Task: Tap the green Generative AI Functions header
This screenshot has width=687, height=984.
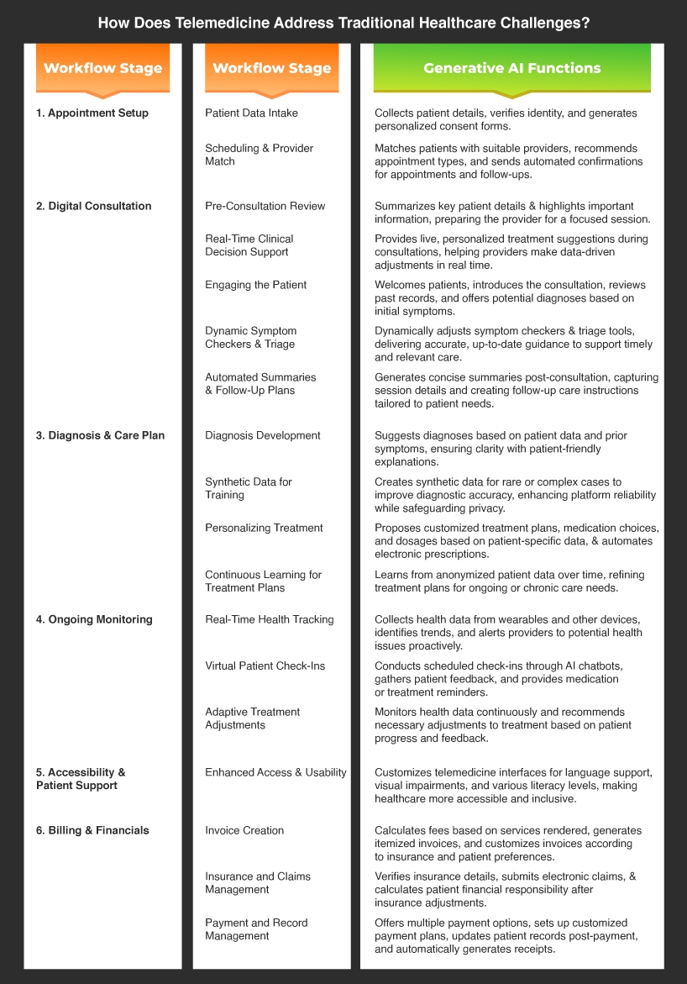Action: (511, 68)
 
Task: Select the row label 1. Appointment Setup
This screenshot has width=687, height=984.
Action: (92, 113)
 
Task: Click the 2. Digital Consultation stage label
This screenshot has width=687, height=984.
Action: (94, 206)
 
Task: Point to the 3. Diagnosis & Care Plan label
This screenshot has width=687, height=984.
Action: (101, 435)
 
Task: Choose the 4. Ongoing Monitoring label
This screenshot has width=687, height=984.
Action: (94, 619)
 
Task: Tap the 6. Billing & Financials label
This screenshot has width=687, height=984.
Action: (92, 830)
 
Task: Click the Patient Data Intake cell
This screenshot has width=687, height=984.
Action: (251, 113)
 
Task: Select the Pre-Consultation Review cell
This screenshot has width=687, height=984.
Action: (265, 206)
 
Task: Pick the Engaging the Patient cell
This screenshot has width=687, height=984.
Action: (256, 285)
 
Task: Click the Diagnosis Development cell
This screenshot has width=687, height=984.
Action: (263, 435)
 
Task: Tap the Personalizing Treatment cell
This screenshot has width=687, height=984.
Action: (264, 528)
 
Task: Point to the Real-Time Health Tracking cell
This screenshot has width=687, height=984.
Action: (270, 619)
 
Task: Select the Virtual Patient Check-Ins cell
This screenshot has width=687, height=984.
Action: (265, 666)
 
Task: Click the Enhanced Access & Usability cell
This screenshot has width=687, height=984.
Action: (275, 772)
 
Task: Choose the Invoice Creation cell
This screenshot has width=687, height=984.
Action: (244, 830)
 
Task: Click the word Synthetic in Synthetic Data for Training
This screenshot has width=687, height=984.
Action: (228, 481)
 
